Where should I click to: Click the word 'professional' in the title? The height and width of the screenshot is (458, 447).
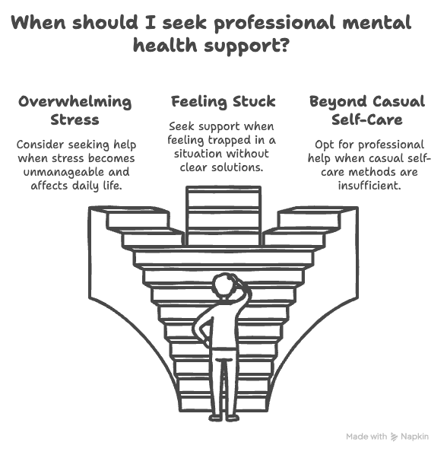pos(274,23)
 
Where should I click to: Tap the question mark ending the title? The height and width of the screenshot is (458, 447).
pos(283,45)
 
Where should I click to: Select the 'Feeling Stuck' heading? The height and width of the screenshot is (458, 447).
pos(223,102)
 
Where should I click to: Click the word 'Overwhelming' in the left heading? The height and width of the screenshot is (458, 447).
pos(75,102)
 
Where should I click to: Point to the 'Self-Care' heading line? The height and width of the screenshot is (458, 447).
pos(367,119)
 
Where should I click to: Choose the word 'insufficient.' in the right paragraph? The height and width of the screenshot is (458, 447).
pos(369,185)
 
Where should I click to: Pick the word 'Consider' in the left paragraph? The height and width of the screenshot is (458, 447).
pos(40,145)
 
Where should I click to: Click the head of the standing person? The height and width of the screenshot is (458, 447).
pos(224,285)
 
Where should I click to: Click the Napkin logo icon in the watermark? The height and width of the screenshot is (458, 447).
pos(394,437)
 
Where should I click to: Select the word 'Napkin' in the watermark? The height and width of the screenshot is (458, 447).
pos(414,437)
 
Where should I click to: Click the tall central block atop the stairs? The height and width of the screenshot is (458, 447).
pos(223,216)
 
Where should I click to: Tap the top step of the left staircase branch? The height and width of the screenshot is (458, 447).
pos(137,218)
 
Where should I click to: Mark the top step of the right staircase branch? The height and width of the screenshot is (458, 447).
pos(309,218)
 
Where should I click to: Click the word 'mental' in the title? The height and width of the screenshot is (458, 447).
pos(377,23)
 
